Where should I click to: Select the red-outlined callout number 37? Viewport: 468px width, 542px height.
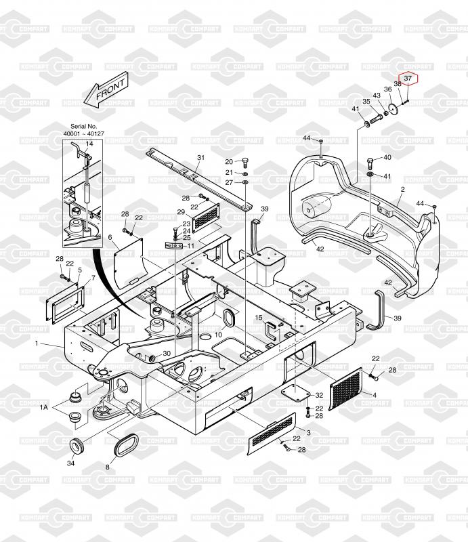point(408,79)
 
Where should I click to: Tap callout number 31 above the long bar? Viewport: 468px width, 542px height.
point(201,158)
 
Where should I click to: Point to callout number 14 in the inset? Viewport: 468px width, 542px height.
point(89,144)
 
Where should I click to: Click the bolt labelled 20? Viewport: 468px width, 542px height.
point(246,161)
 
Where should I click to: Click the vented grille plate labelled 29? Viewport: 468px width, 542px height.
point(207,217)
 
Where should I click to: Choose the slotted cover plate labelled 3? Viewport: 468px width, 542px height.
point(272,433)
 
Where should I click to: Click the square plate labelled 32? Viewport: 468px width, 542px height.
point(295,394)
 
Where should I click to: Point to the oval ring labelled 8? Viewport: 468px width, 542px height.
point(126,446)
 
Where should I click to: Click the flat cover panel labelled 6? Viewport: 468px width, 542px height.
point(128,263)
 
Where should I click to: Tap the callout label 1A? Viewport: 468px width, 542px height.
point(44,408)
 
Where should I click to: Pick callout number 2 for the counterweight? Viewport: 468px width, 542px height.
point(403,190)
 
